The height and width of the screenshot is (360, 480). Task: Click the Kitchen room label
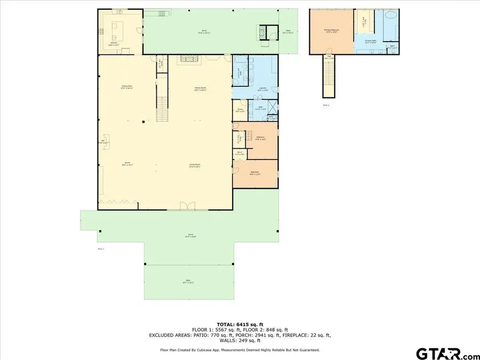pos(113,44)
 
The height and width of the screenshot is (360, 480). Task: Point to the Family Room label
pos(200,89)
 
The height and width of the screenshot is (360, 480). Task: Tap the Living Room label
pos(195,165)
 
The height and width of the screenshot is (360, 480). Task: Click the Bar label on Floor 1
pos(105,142)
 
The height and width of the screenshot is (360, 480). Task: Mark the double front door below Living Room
pos(185,206)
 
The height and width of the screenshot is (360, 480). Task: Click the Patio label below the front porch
pos(188,282)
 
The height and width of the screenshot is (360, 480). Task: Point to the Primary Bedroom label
pos(332,31)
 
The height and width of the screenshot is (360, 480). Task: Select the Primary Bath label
pos(371,41)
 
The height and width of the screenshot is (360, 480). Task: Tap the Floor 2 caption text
pos(326,105)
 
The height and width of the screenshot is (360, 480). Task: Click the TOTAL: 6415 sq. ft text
pos(239,324)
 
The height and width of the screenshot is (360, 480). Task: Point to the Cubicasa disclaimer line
pos(239,350)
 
